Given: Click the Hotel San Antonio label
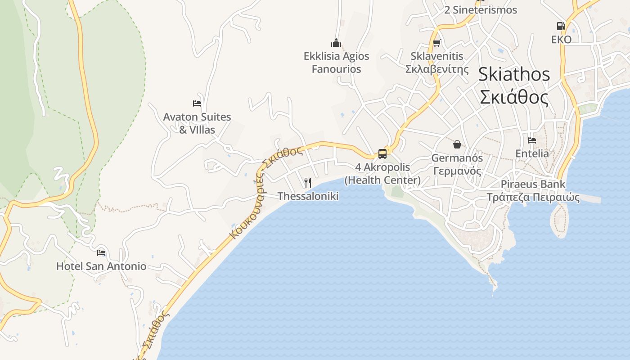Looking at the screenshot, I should pos(101,266).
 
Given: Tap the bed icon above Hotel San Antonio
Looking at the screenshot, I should pos(101,252).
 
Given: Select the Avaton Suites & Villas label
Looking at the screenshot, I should pos(197,123).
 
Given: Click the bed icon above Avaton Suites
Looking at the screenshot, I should pos(197,103).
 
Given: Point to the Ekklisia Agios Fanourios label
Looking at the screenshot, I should pos(336,63).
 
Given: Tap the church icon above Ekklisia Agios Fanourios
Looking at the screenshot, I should pos(336,43).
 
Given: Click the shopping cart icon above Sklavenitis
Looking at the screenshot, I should pos(436,43).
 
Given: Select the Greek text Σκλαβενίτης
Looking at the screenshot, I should pos(437,69).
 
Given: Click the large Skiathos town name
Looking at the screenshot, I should pos(514,74).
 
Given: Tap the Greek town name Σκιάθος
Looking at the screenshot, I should pos(514,97).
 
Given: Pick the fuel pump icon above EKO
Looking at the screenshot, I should pos(561,26).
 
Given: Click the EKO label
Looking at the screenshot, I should pos(561,40).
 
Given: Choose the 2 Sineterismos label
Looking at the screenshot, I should pos(481,10).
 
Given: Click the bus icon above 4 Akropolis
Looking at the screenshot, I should pos(382,154).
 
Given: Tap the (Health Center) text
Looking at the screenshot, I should pos(382,180).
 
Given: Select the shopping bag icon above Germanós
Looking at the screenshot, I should pos(457,144).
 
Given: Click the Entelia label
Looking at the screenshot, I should pos(532,153).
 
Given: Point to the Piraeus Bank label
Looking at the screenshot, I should pos(533,184).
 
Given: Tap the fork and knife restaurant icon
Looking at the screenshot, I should pos(308,182).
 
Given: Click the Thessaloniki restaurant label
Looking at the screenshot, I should pos(308,196).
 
